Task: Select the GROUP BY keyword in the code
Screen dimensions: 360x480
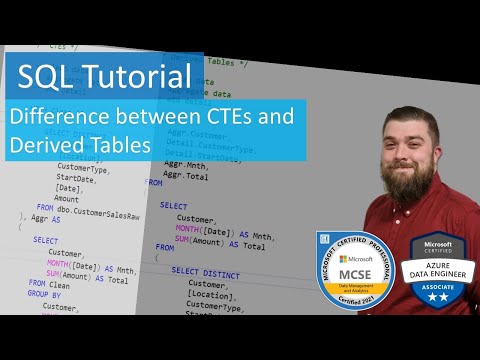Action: pos(50,296)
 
